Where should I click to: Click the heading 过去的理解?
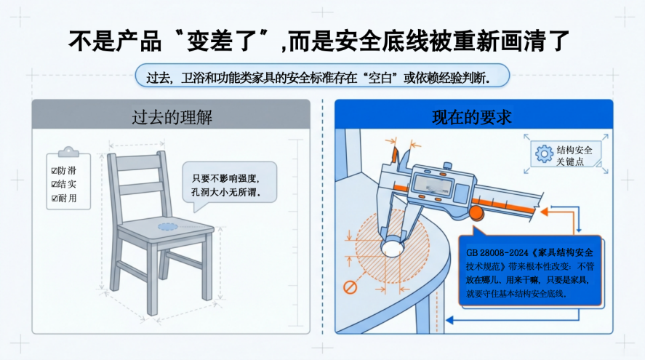tap(172, 117)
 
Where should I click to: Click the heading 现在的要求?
tap(472, 117)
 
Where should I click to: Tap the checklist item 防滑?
tap(64, 170)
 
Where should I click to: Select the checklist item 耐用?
tap(64, 199)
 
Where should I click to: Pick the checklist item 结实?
tap(64, 184)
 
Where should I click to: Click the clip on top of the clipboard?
tap(68, 152)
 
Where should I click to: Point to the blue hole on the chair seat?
tap(168, 227)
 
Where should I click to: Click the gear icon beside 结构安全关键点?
tap(544, 154)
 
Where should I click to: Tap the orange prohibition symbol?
tap(350, 287)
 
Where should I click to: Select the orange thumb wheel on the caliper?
tap(476, 212)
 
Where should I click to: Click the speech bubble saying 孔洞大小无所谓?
tap(229, 184)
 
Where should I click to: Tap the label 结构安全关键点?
tap(574, 156)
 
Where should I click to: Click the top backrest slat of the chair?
tap(138, 162)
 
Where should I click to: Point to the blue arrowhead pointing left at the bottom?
tap(450, 320)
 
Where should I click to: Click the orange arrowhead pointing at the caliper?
tap(544, 212)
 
